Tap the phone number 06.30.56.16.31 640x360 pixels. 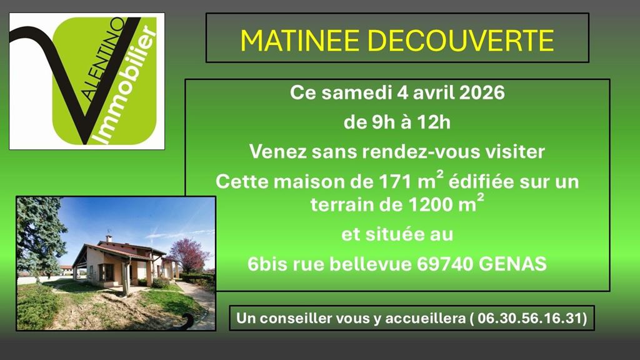point(529,318)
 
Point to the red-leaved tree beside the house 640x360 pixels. point(187,253)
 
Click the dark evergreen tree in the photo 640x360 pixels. point(37,234)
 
